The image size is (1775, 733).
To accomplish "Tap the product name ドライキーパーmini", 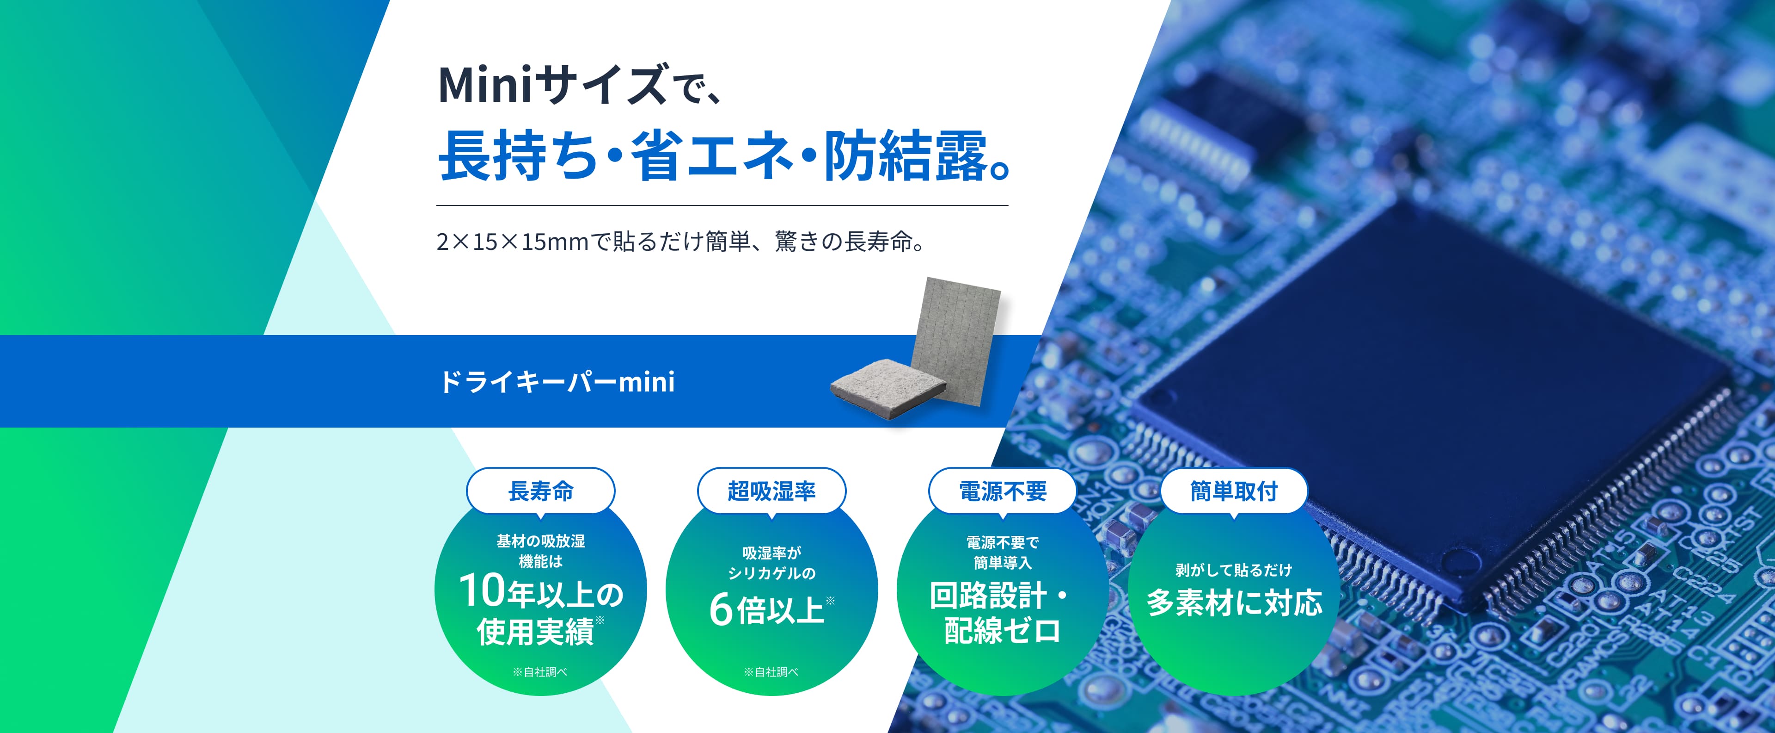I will [557, 381].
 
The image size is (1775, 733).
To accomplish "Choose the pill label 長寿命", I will [540, 491].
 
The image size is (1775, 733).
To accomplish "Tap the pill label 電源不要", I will [1003, 491].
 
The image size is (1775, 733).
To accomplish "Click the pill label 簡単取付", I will [1233, 491].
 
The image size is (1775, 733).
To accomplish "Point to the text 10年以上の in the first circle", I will [540, 592].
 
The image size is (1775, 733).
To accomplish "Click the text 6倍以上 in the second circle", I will [766, 609].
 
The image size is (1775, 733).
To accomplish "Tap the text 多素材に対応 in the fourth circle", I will [1233, 603].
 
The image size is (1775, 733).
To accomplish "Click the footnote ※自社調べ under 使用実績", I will [540, 671].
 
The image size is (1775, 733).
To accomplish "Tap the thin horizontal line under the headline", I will [722, 205].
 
